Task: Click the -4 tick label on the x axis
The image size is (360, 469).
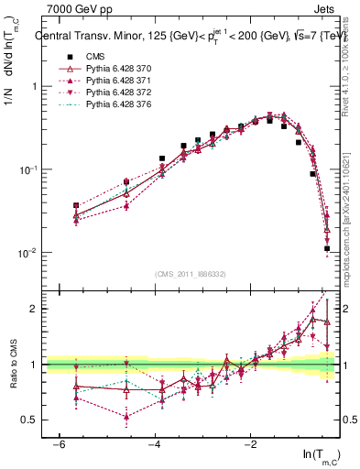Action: [154, 443]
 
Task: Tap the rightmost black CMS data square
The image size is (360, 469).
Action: [327, 248]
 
